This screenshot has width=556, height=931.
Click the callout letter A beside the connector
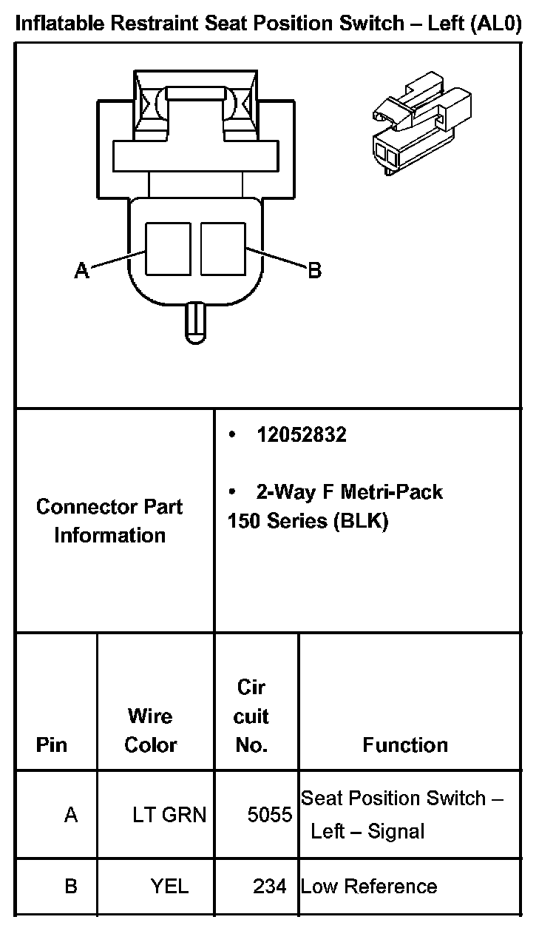coord(81,271)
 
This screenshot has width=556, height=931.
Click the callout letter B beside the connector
coord(314,271)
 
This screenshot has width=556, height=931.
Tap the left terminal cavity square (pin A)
coord(167,249)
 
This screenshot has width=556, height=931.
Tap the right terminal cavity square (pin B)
coord(223,249)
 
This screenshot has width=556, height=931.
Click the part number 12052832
coord(301,434)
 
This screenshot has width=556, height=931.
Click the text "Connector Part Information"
coord(109,521)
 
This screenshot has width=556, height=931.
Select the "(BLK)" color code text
coord(361,521)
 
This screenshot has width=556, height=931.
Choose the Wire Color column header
coord(151,730)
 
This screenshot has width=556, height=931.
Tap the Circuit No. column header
coord(251,716)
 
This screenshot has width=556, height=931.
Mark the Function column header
coord(405,745)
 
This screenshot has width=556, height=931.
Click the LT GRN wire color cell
coord(169,815)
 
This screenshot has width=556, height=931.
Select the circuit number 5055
coord(270,815)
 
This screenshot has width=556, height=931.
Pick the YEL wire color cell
coord(169,886)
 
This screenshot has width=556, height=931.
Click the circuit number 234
coord(270,886)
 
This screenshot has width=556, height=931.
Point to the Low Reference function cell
coord(368,886)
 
